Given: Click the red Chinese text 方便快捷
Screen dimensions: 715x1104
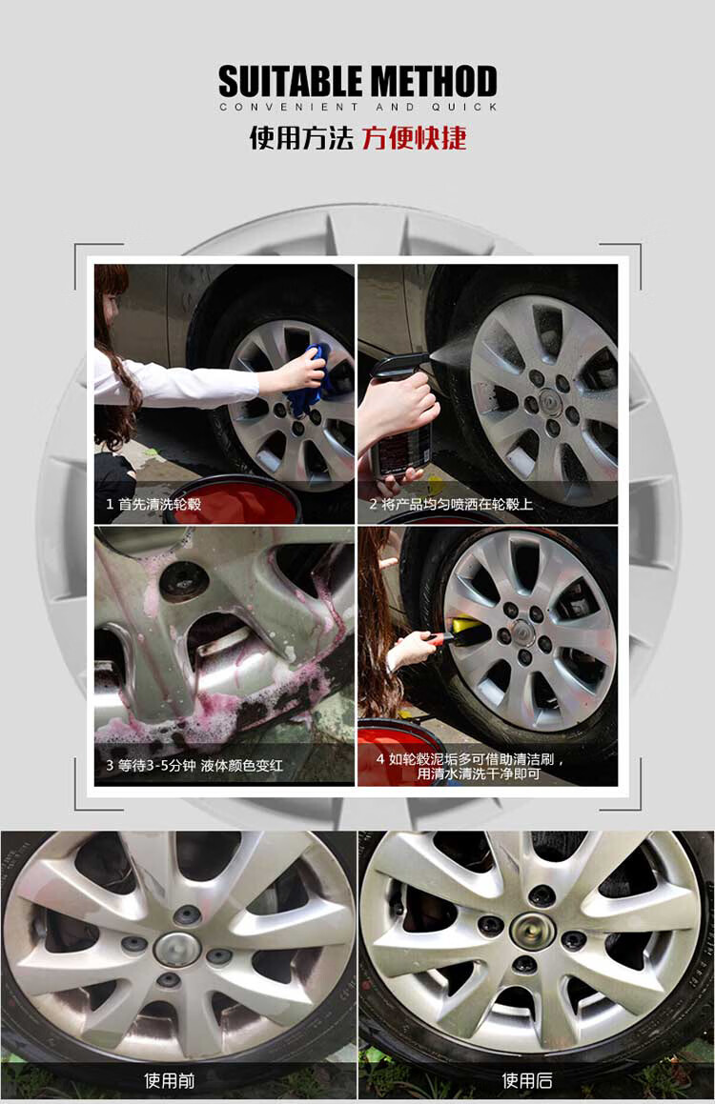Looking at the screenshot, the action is point(414,138).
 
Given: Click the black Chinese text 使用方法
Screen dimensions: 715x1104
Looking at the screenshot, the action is point(301,138).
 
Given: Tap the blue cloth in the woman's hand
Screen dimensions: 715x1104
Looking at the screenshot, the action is point(310,376).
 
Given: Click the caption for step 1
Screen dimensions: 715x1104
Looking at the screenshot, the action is point(153,504).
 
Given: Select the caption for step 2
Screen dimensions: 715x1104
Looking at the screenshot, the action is point(451,504).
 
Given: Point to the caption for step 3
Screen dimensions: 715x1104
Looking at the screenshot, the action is point(194,765).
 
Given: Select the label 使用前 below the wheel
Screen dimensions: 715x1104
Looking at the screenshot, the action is point(169,1080).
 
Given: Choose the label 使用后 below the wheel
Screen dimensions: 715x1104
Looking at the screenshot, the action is point(527,1080).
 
